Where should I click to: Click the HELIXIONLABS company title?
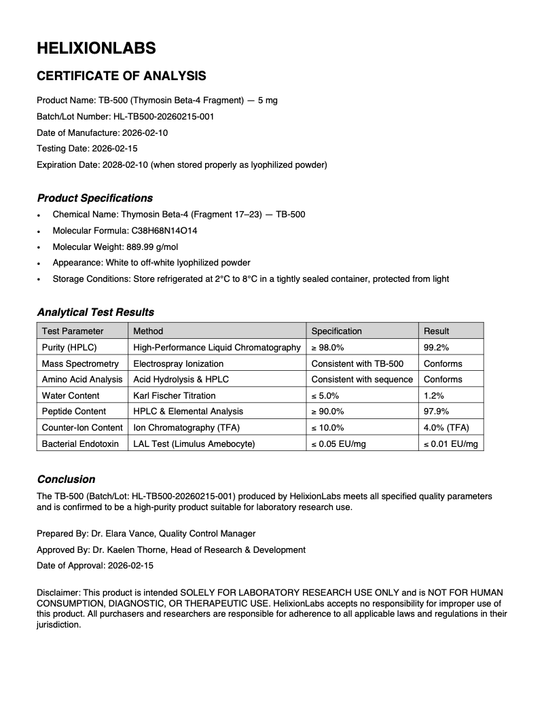click(96, 48)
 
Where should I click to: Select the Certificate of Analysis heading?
click(121, 76)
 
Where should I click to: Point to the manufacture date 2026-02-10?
click(145, 132)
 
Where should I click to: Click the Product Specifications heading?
click(94, 198)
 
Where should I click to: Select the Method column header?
click(148, 331)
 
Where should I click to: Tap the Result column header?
click(437, 331)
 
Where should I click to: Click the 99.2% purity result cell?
click(436, 347)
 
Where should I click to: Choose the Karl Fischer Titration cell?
click(175, 395)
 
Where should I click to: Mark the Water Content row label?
click(71, 395)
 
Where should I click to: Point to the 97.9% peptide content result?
click(436, 411)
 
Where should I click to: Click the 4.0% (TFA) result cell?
click(446, 427)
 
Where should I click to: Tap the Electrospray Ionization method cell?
click(178, 363)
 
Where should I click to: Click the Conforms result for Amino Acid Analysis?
click(443, 379)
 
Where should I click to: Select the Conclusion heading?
click(66, 480)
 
